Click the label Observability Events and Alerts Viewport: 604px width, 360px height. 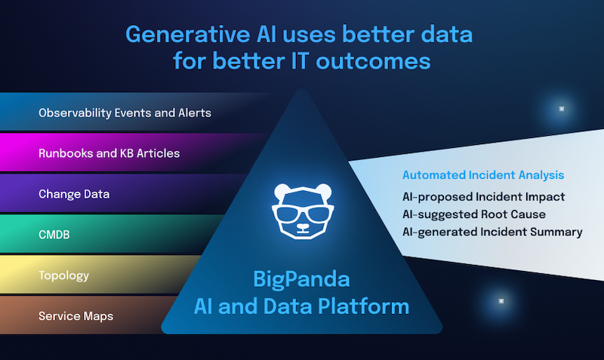point(125,112)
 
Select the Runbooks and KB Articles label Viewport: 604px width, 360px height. point(109,153)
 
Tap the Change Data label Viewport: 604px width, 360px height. point(74,194)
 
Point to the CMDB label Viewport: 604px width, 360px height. point(54,235)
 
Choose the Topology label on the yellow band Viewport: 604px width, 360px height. point(64,275)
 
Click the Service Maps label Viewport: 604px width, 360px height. point(76,316)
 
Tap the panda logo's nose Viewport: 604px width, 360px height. point(303,226)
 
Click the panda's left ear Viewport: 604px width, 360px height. point(282,191)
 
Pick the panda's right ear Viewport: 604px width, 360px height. point(323,191)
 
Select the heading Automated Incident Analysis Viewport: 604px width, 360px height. point(483,175)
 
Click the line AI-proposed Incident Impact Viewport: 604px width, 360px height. point(483,197)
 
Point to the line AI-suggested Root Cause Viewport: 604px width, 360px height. point(474,214)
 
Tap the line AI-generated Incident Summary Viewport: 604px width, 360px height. point(492,232)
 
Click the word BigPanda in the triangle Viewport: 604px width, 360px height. point(301,279)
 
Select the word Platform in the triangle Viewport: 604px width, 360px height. point(363,306)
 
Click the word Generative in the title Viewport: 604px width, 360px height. point(188,35)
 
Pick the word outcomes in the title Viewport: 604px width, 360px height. point(373,62)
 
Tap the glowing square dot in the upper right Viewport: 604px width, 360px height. point(562,109)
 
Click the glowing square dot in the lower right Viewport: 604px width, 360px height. point(501,301)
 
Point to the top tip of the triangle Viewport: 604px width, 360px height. point(303,89)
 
